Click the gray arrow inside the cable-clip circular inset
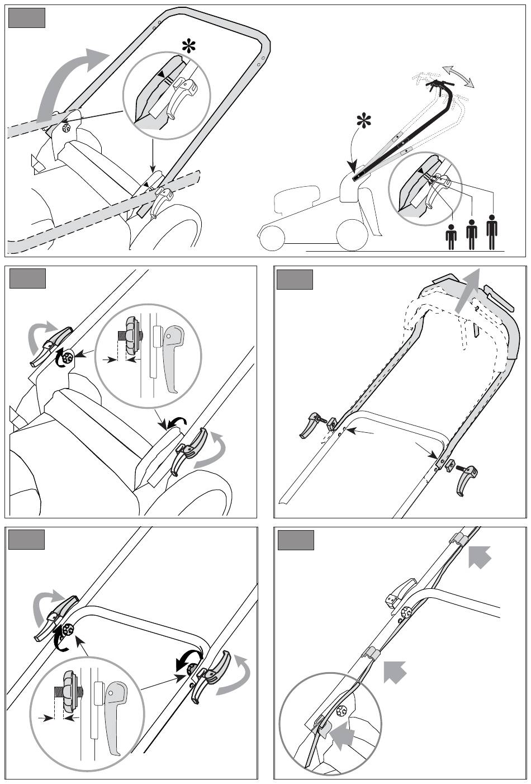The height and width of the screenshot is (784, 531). click(x=344, y=735)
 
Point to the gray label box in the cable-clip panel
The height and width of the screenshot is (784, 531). click(x=295, y=540)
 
